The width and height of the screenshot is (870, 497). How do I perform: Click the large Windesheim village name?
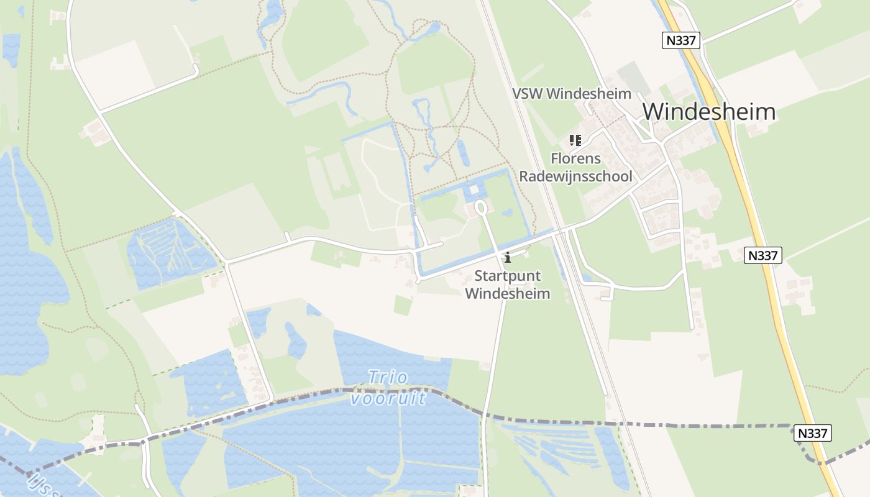[709, 112]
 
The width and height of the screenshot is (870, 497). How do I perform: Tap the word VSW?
[527, 94]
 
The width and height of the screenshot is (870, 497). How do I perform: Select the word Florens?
[575, 158]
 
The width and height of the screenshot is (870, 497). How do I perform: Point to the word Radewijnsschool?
[575, 176]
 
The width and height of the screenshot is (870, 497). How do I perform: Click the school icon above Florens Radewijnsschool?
[575, 140]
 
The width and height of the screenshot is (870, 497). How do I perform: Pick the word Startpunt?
[507, 276]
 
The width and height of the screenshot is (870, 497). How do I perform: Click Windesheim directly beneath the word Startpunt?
[507, 293]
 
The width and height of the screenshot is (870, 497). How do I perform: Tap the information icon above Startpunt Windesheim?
[507, 257]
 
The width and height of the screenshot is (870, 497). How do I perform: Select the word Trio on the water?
[388, 377]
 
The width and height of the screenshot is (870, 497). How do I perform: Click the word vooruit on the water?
[388, 398]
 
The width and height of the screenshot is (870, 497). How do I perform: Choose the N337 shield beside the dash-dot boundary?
[812, 433]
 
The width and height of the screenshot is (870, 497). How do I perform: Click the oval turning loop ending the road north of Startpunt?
[481, 206]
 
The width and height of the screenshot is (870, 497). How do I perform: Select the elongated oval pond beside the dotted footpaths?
[464, 153]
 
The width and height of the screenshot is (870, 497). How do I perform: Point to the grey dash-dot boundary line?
[684, 426]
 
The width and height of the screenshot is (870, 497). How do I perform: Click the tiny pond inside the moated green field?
[508, 212]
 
